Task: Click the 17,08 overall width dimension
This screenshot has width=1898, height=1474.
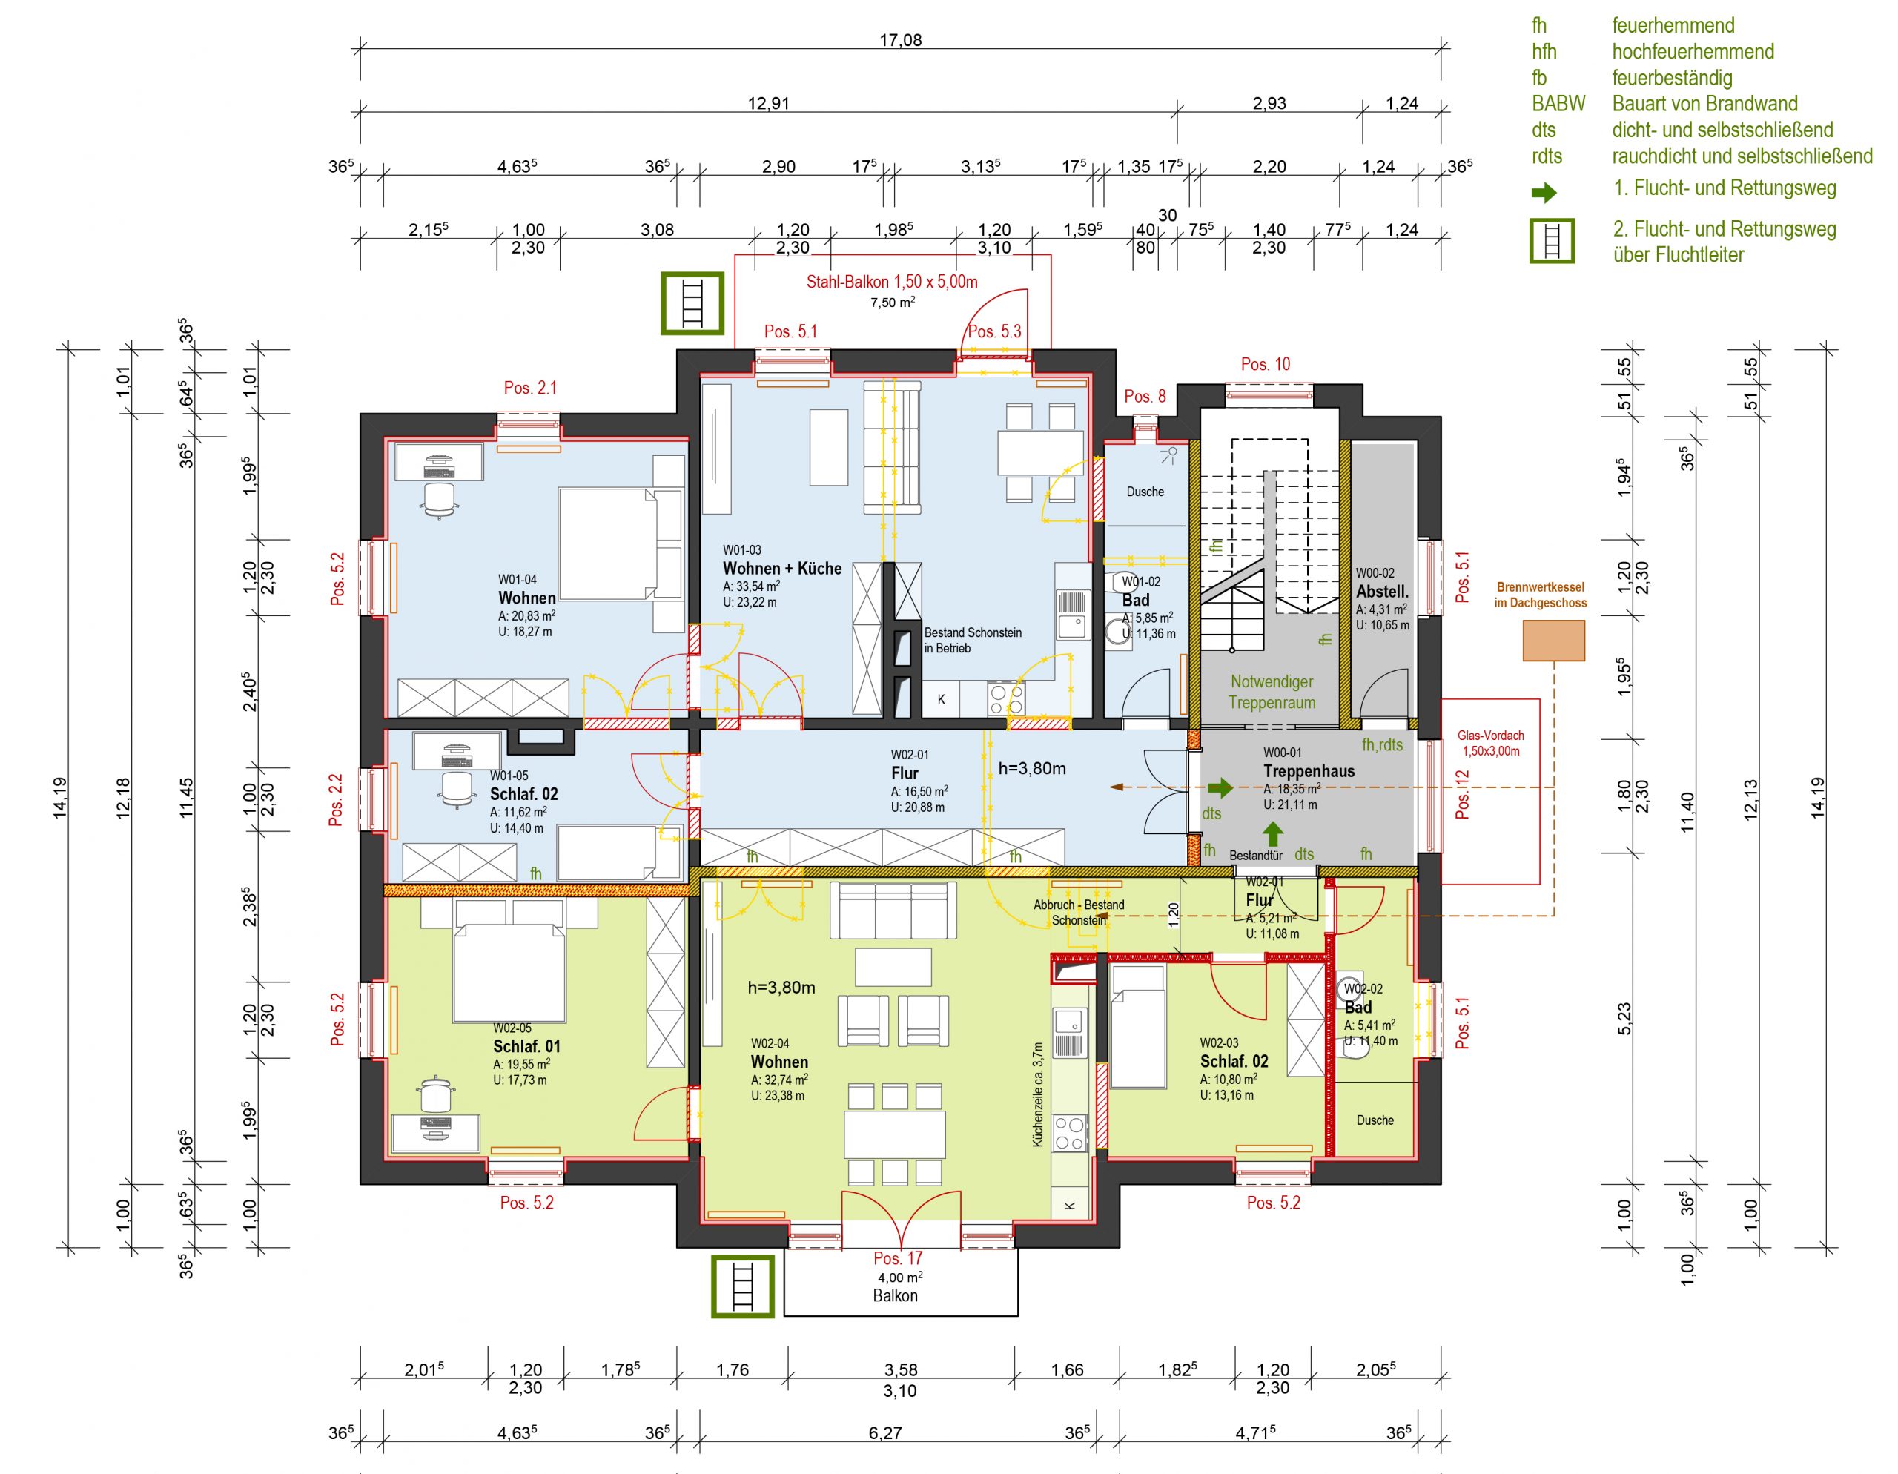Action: [x=900, y=40]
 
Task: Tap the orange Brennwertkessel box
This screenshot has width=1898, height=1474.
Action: [x=1554, y=641]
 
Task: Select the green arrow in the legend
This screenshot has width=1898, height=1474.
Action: [x=1544, y=192]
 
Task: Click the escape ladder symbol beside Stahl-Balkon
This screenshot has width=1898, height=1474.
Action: [x=692, y=303]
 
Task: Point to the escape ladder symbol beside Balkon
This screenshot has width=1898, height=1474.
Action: [x=742, y=1286]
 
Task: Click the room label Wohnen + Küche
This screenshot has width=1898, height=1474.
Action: [x=782, y=569]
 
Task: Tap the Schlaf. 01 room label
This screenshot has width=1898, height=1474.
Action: [x=526, y=1046]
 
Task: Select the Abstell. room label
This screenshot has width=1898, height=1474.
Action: [x=1383, y=592]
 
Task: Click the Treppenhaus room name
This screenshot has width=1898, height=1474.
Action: [x=1309, y=771]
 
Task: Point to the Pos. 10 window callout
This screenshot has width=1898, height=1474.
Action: [x=1266, y=364]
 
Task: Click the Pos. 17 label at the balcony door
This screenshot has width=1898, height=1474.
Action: [x=898, y=1257]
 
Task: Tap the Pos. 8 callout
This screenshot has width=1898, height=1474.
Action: [x=1145, y=397]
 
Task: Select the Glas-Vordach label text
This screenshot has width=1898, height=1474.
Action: [x=1490, y=743]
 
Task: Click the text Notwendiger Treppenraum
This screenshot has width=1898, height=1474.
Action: [x=1272, y=692]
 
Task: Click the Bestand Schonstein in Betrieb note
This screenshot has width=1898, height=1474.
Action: [x=973, y=641]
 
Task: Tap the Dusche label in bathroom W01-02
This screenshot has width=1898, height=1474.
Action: [x=1145, y=492]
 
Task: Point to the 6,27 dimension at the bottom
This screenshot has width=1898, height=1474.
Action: [x=884, y=1433]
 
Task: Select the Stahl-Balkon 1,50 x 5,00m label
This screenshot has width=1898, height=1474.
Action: [x=892, y=282]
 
